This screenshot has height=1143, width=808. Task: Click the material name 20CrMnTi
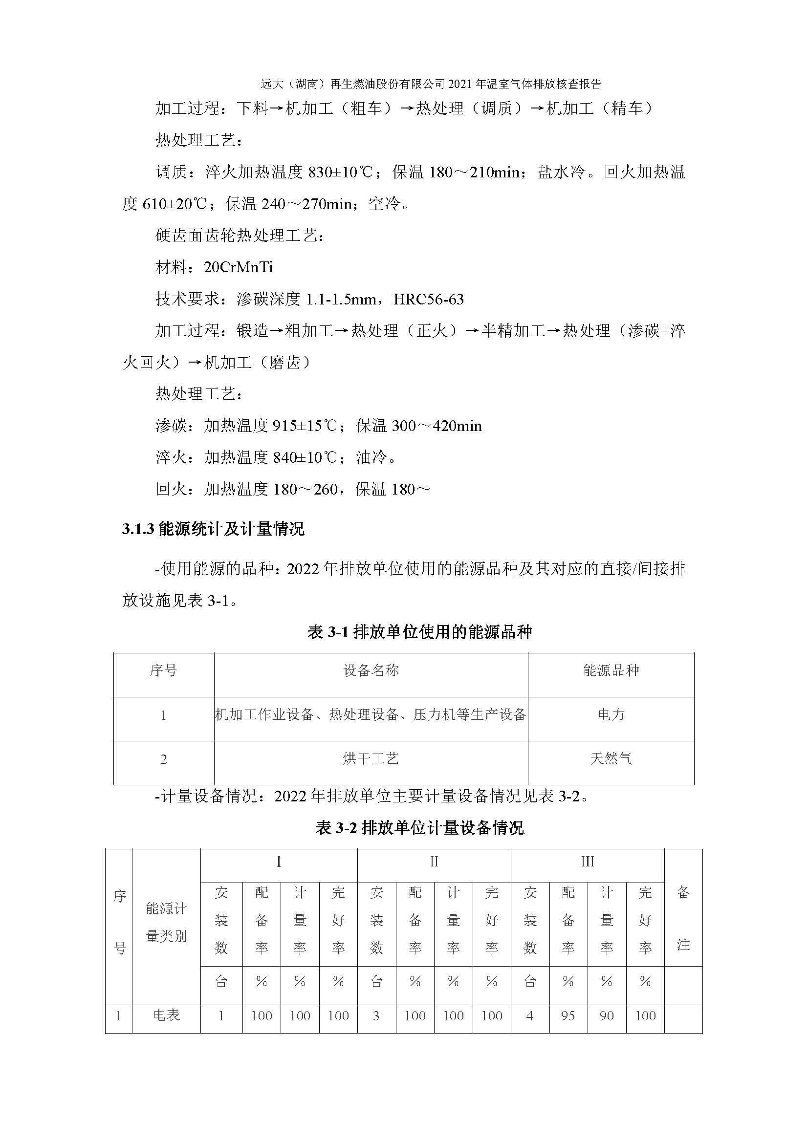(x=238, y=268)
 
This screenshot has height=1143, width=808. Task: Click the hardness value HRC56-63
(x=428, y=299)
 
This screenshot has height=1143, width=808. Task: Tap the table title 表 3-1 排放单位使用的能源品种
(x=420, y=632)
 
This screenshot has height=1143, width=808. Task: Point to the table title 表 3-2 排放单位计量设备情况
(x=420, y=828)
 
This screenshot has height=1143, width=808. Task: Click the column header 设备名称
(x=371, y=670)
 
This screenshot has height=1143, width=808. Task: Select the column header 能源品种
(x=611, y=670)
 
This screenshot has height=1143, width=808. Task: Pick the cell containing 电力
(x=611, y=715)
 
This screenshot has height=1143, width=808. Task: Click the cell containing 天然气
(x=611, y=759)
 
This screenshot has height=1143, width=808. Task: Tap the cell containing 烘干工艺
(x=371, y=759)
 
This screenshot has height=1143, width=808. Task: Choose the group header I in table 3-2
(x=279, y=862)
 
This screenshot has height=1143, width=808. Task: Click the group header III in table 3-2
(x=588, y=862)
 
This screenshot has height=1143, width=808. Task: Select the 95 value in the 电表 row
(x=568, y=1015)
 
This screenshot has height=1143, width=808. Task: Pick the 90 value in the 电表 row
(x=607, y=1015)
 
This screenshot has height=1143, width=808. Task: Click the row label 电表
(x=166, y=1015)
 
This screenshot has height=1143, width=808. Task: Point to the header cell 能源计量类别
(x=166, y=923)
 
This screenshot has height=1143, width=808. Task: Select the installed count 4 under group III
(x=530, y=1015)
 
